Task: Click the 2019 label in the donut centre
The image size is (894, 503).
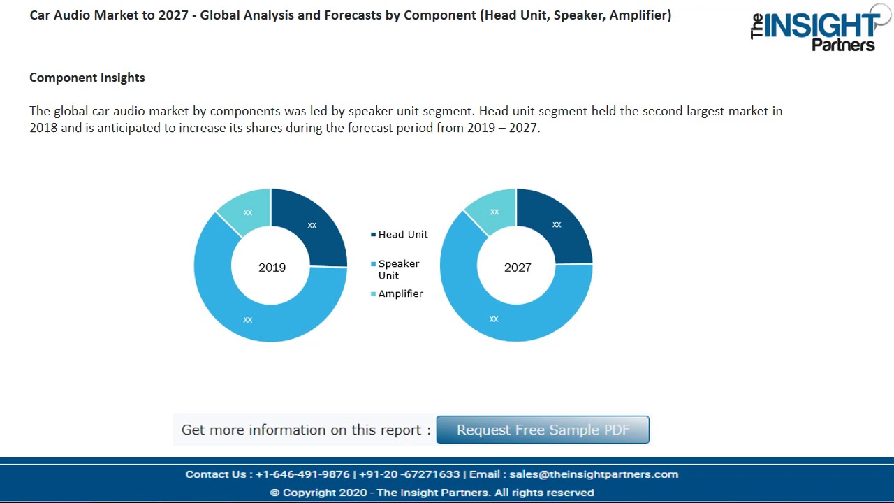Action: point(272,268)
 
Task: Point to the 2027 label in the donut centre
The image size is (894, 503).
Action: point(518,268)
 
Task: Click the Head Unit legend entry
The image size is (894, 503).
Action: point(402,235)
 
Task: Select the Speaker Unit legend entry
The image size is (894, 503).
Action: point(398,269)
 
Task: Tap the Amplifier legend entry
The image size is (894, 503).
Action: point(400,294)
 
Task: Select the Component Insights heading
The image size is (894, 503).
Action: point(87,78)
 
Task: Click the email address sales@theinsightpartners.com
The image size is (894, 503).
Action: point(594,474)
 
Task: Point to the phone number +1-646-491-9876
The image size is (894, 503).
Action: point(302,474)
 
